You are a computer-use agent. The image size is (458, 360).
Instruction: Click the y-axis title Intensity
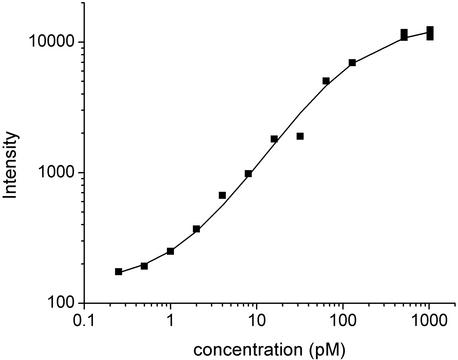[x=12, y=172]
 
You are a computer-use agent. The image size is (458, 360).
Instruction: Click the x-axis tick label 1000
[x=429, y=322]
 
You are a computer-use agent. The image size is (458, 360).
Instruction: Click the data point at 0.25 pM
[x=119, y=271]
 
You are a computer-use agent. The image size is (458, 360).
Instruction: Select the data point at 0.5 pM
[x=144, y=266]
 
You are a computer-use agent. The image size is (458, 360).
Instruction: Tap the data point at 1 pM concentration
[x=171, y=251]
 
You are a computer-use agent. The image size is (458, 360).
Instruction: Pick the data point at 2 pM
[x=197, y=229]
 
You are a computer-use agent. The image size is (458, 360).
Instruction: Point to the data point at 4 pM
[x=222, y=195]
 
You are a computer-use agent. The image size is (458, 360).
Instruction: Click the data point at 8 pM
[x=248, y=173]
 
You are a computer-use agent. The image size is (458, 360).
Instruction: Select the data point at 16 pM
[x=274, y=139]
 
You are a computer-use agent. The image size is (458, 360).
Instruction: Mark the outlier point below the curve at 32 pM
[x=300, y=136]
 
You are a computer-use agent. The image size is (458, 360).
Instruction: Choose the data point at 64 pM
[x=326, y=81]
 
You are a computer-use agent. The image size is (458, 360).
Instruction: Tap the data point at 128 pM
[x=352, y=63]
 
